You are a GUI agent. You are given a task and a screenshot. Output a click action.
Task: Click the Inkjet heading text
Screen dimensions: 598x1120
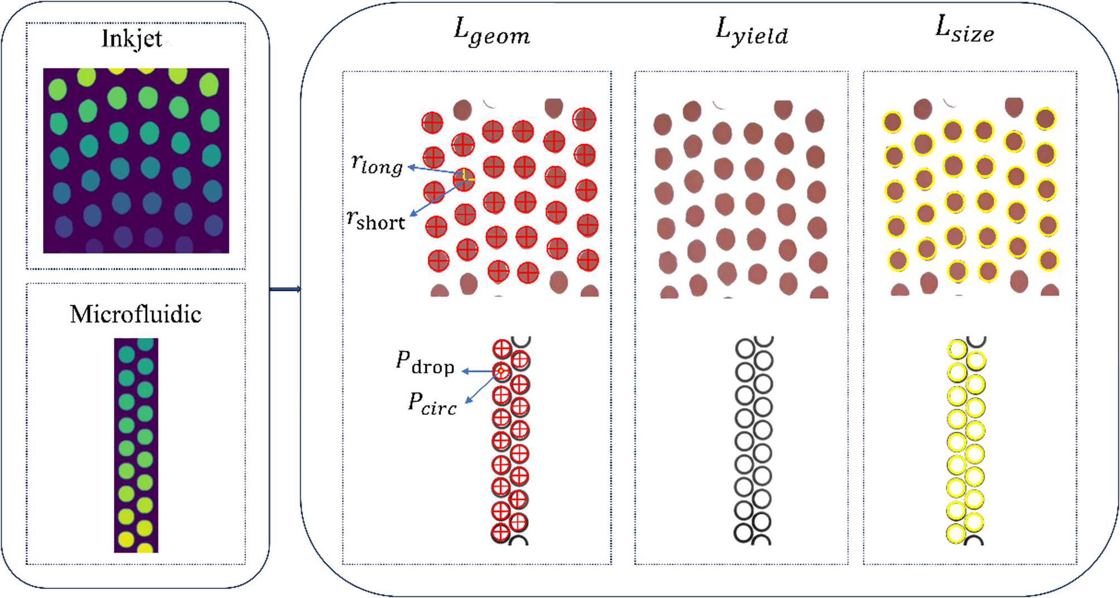132,39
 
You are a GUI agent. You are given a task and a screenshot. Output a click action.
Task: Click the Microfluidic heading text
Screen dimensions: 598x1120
136,314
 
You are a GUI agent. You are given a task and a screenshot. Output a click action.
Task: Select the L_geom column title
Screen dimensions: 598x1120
491,32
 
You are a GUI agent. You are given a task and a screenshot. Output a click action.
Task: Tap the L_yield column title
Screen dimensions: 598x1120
751,31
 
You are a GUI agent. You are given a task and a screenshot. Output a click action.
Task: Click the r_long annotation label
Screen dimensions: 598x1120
377,164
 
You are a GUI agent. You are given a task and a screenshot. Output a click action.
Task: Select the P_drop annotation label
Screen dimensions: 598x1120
425,363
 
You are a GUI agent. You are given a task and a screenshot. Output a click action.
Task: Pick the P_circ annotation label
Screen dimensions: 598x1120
432,404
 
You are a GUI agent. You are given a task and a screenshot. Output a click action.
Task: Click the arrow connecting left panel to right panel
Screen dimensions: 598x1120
285,289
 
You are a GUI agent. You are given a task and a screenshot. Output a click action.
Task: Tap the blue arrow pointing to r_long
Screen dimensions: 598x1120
435,170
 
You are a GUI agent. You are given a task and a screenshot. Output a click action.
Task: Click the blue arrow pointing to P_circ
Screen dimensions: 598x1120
480,387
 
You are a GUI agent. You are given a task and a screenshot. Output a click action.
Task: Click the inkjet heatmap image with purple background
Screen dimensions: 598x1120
136,161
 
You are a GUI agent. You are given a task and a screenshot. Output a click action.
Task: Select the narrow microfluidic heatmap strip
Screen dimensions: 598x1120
136,445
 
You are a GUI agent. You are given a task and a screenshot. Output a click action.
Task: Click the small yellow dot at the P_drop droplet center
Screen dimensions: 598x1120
501,371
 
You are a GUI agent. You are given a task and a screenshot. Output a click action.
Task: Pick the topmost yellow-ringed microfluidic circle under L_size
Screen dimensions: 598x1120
957,350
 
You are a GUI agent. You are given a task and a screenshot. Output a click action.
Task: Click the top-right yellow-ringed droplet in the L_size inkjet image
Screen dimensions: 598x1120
1045,119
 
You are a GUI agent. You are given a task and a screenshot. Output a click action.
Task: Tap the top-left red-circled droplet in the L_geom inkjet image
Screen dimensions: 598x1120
432,123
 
